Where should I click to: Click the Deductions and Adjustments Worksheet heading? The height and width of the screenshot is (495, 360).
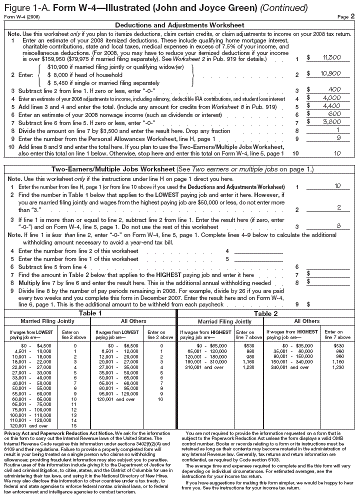[179, 25]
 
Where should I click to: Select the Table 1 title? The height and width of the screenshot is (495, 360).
[90, 313]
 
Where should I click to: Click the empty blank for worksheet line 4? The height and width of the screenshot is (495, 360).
[258, 251]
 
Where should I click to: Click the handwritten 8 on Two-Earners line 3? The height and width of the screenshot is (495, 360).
[338, 225]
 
